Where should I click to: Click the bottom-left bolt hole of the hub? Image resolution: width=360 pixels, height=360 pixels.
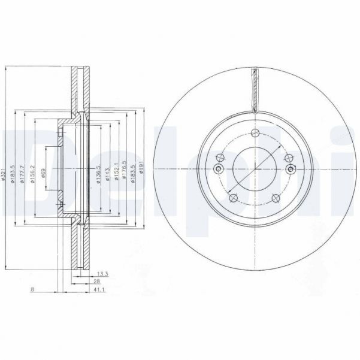pos(234,198)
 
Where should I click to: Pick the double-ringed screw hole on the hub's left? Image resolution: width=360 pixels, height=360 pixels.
pos(219,169)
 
